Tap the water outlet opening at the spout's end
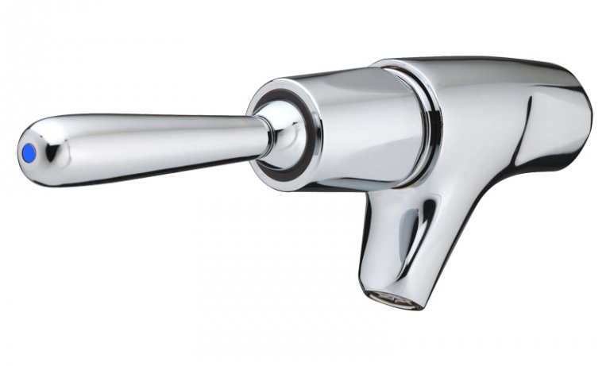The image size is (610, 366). tap(390, 299)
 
